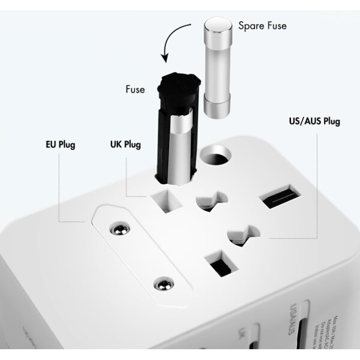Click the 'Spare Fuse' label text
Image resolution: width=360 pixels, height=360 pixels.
coord(262,26)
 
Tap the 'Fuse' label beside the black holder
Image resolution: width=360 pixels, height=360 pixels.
coord(135,89)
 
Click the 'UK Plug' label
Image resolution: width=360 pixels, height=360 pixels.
coord(125,145)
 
